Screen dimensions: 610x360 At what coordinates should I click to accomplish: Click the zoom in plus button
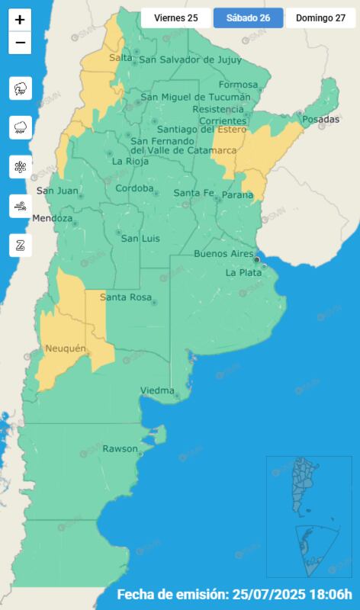21,20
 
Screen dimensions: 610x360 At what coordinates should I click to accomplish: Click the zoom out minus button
21,43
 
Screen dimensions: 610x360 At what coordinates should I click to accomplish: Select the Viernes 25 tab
176,18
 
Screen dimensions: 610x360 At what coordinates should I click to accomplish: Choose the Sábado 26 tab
248,18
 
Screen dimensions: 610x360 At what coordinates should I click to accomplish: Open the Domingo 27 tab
320,18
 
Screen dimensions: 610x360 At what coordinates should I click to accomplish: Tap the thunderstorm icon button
21,88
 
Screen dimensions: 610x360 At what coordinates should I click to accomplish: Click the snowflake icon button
21,166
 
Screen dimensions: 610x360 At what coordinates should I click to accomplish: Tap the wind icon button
21,206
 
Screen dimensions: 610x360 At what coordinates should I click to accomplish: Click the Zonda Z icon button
21,245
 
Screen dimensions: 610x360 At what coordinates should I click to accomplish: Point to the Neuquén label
64,348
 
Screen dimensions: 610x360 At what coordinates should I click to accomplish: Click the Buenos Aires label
223,253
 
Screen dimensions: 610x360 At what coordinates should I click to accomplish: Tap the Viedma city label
157,390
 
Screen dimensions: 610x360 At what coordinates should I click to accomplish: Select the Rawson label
121,448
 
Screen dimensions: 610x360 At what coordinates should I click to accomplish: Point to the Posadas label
320,120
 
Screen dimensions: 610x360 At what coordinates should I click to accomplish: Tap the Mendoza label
53,219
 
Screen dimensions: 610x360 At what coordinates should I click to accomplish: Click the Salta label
121,58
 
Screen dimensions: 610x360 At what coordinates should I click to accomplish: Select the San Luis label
140,239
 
